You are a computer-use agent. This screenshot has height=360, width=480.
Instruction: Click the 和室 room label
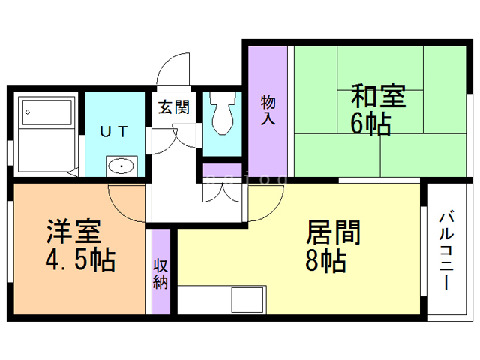point(379,97)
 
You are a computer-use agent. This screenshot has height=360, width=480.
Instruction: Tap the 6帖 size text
point(370,124)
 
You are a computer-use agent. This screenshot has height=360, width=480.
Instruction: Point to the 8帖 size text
point(325,261)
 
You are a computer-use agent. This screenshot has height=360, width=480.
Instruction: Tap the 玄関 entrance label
point(173,106)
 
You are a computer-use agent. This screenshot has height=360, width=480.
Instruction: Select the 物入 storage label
point(268,110)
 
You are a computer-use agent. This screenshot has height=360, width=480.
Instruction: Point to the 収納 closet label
point(160,274)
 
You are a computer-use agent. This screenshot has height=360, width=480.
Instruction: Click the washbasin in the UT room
point(120,165)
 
